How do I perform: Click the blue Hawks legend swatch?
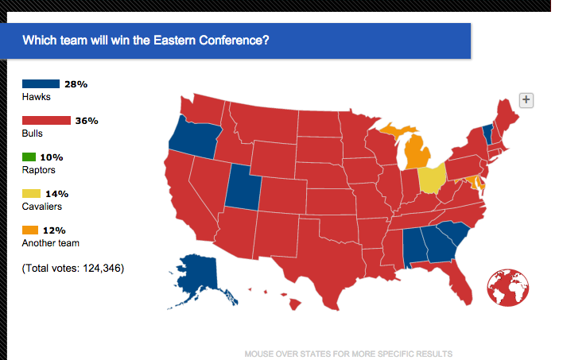pos(41,84)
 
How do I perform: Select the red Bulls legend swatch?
pos(41,121)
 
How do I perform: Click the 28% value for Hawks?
pos(76,84)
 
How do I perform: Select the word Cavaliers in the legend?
pos(42,207)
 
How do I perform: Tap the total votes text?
pos(73,268)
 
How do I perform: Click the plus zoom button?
pos(526,99)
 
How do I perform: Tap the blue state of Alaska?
pos(200,279)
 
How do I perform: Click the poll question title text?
pos(146,39)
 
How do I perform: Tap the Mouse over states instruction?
pos(348,353)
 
